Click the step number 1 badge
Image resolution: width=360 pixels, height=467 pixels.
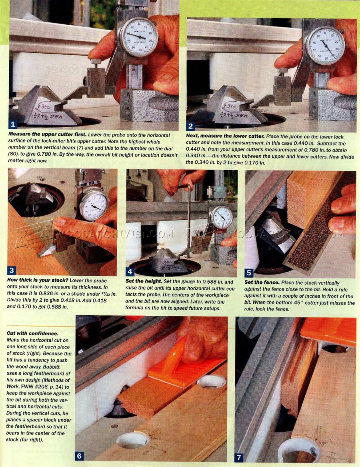tap(13, 124)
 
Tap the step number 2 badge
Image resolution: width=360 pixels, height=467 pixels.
tap(190, 126)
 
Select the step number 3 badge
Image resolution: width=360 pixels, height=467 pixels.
tap(11, 271)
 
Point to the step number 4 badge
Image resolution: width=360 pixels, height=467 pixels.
tap(130, 271)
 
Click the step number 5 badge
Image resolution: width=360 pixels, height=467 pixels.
tap(248, 273)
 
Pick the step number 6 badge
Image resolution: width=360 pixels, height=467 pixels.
tap(80, 456)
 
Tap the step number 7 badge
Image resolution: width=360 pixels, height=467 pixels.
tap(238, 457)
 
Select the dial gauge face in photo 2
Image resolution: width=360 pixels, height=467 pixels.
tap(326, 46)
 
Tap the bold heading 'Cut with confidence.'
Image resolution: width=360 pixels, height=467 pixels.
tap(32, 333)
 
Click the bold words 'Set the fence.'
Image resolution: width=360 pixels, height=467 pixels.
tap(262, 283)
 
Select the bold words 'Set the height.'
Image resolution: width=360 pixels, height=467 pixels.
tap(144, 281)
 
